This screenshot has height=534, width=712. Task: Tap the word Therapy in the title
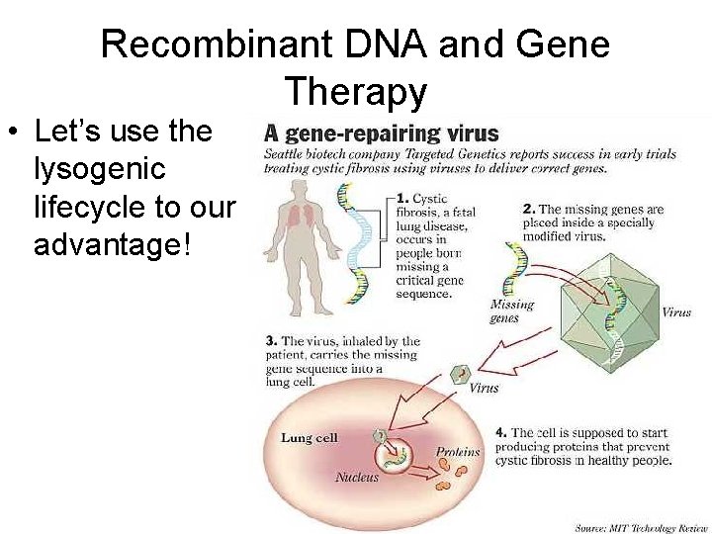(x=356, y=92)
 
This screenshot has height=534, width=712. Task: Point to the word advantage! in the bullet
(x=111, y=244)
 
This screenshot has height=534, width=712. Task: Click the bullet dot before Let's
(x=15, y=133)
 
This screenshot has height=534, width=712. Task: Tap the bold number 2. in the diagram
(x=527, y=210)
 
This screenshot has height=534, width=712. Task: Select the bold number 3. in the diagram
(x=270, y=341)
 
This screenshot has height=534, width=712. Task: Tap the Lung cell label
(x=310, y=437)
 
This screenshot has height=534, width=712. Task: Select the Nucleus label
(x=356, y=477)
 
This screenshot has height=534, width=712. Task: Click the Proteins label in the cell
(x=458, y=452)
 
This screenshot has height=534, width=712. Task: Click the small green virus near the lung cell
(x=458, y=374)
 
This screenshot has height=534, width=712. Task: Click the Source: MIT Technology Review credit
(x=641, y=527)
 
